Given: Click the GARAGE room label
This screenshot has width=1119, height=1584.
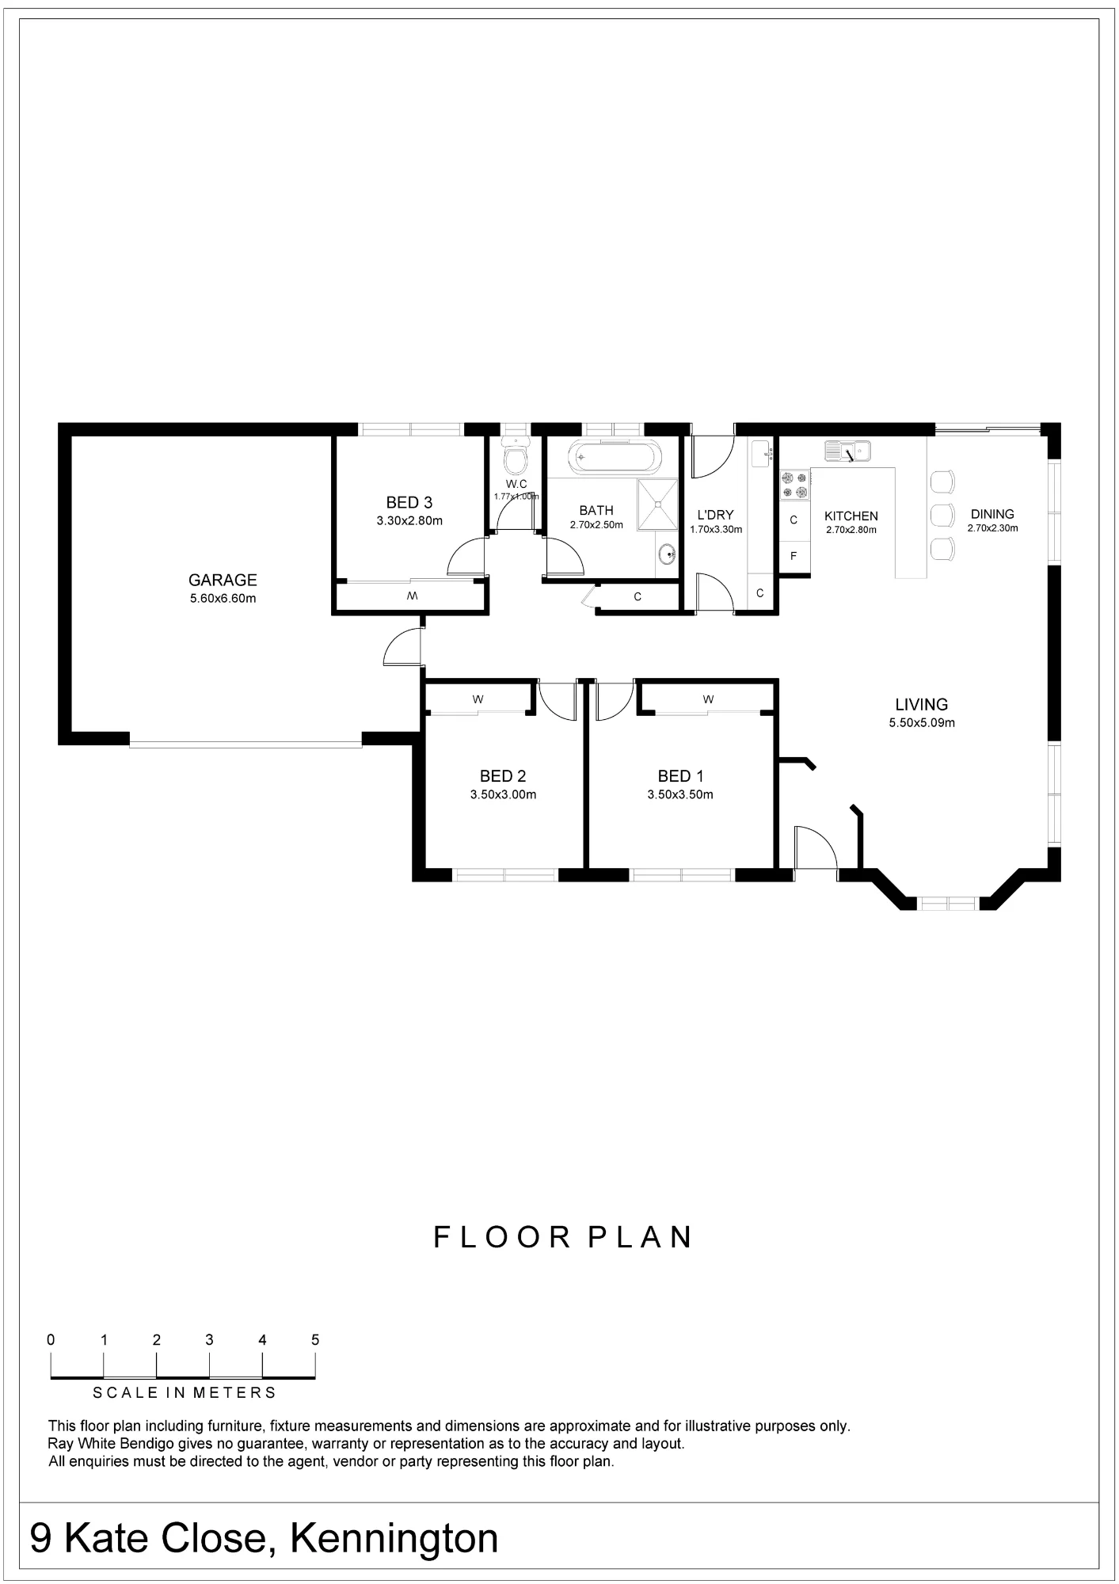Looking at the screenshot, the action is coord(223,581).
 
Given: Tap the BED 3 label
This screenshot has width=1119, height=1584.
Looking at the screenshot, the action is coord(409,502).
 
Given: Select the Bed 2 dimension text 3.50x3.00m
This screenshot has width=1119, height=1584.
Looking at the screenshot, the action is coord(503,794).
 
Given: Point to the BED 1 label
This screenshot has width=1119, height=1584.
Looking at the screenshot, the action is coord(680,776).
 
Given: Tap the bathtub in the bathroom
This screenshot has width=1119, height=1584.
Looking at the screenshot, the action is coord(614,457).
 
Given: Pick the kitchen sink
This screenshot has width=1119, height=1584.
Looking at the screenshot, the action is coord(847,451).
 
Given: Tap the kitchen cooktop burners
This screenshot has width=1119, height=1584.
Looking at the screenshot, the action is coord(795,485).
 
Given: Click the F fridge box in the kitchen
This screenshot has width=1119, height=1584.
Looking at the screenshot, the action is coord(794,557).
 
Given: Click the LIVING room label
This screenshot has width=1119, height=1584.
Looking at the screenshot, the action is coord(921,704).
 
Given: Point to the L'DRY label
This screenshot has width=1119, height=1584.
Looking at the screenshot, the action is coord(715,515).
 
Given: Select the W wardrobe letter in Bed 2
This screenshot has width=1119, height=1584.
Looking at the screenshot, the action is coord(478,699).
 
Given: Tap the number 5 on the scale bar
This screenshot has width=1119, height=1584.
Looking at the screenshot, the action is coord(315,1340).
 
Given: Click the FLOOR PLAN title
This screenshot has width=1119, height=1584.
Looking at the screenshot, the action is coord(563,1237).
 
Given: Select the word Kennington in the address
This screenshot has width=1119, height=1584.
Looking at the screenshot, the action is coord(394,1539).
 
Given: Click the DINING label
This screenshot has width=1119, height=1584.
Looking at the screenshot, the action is coord(992,514).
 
